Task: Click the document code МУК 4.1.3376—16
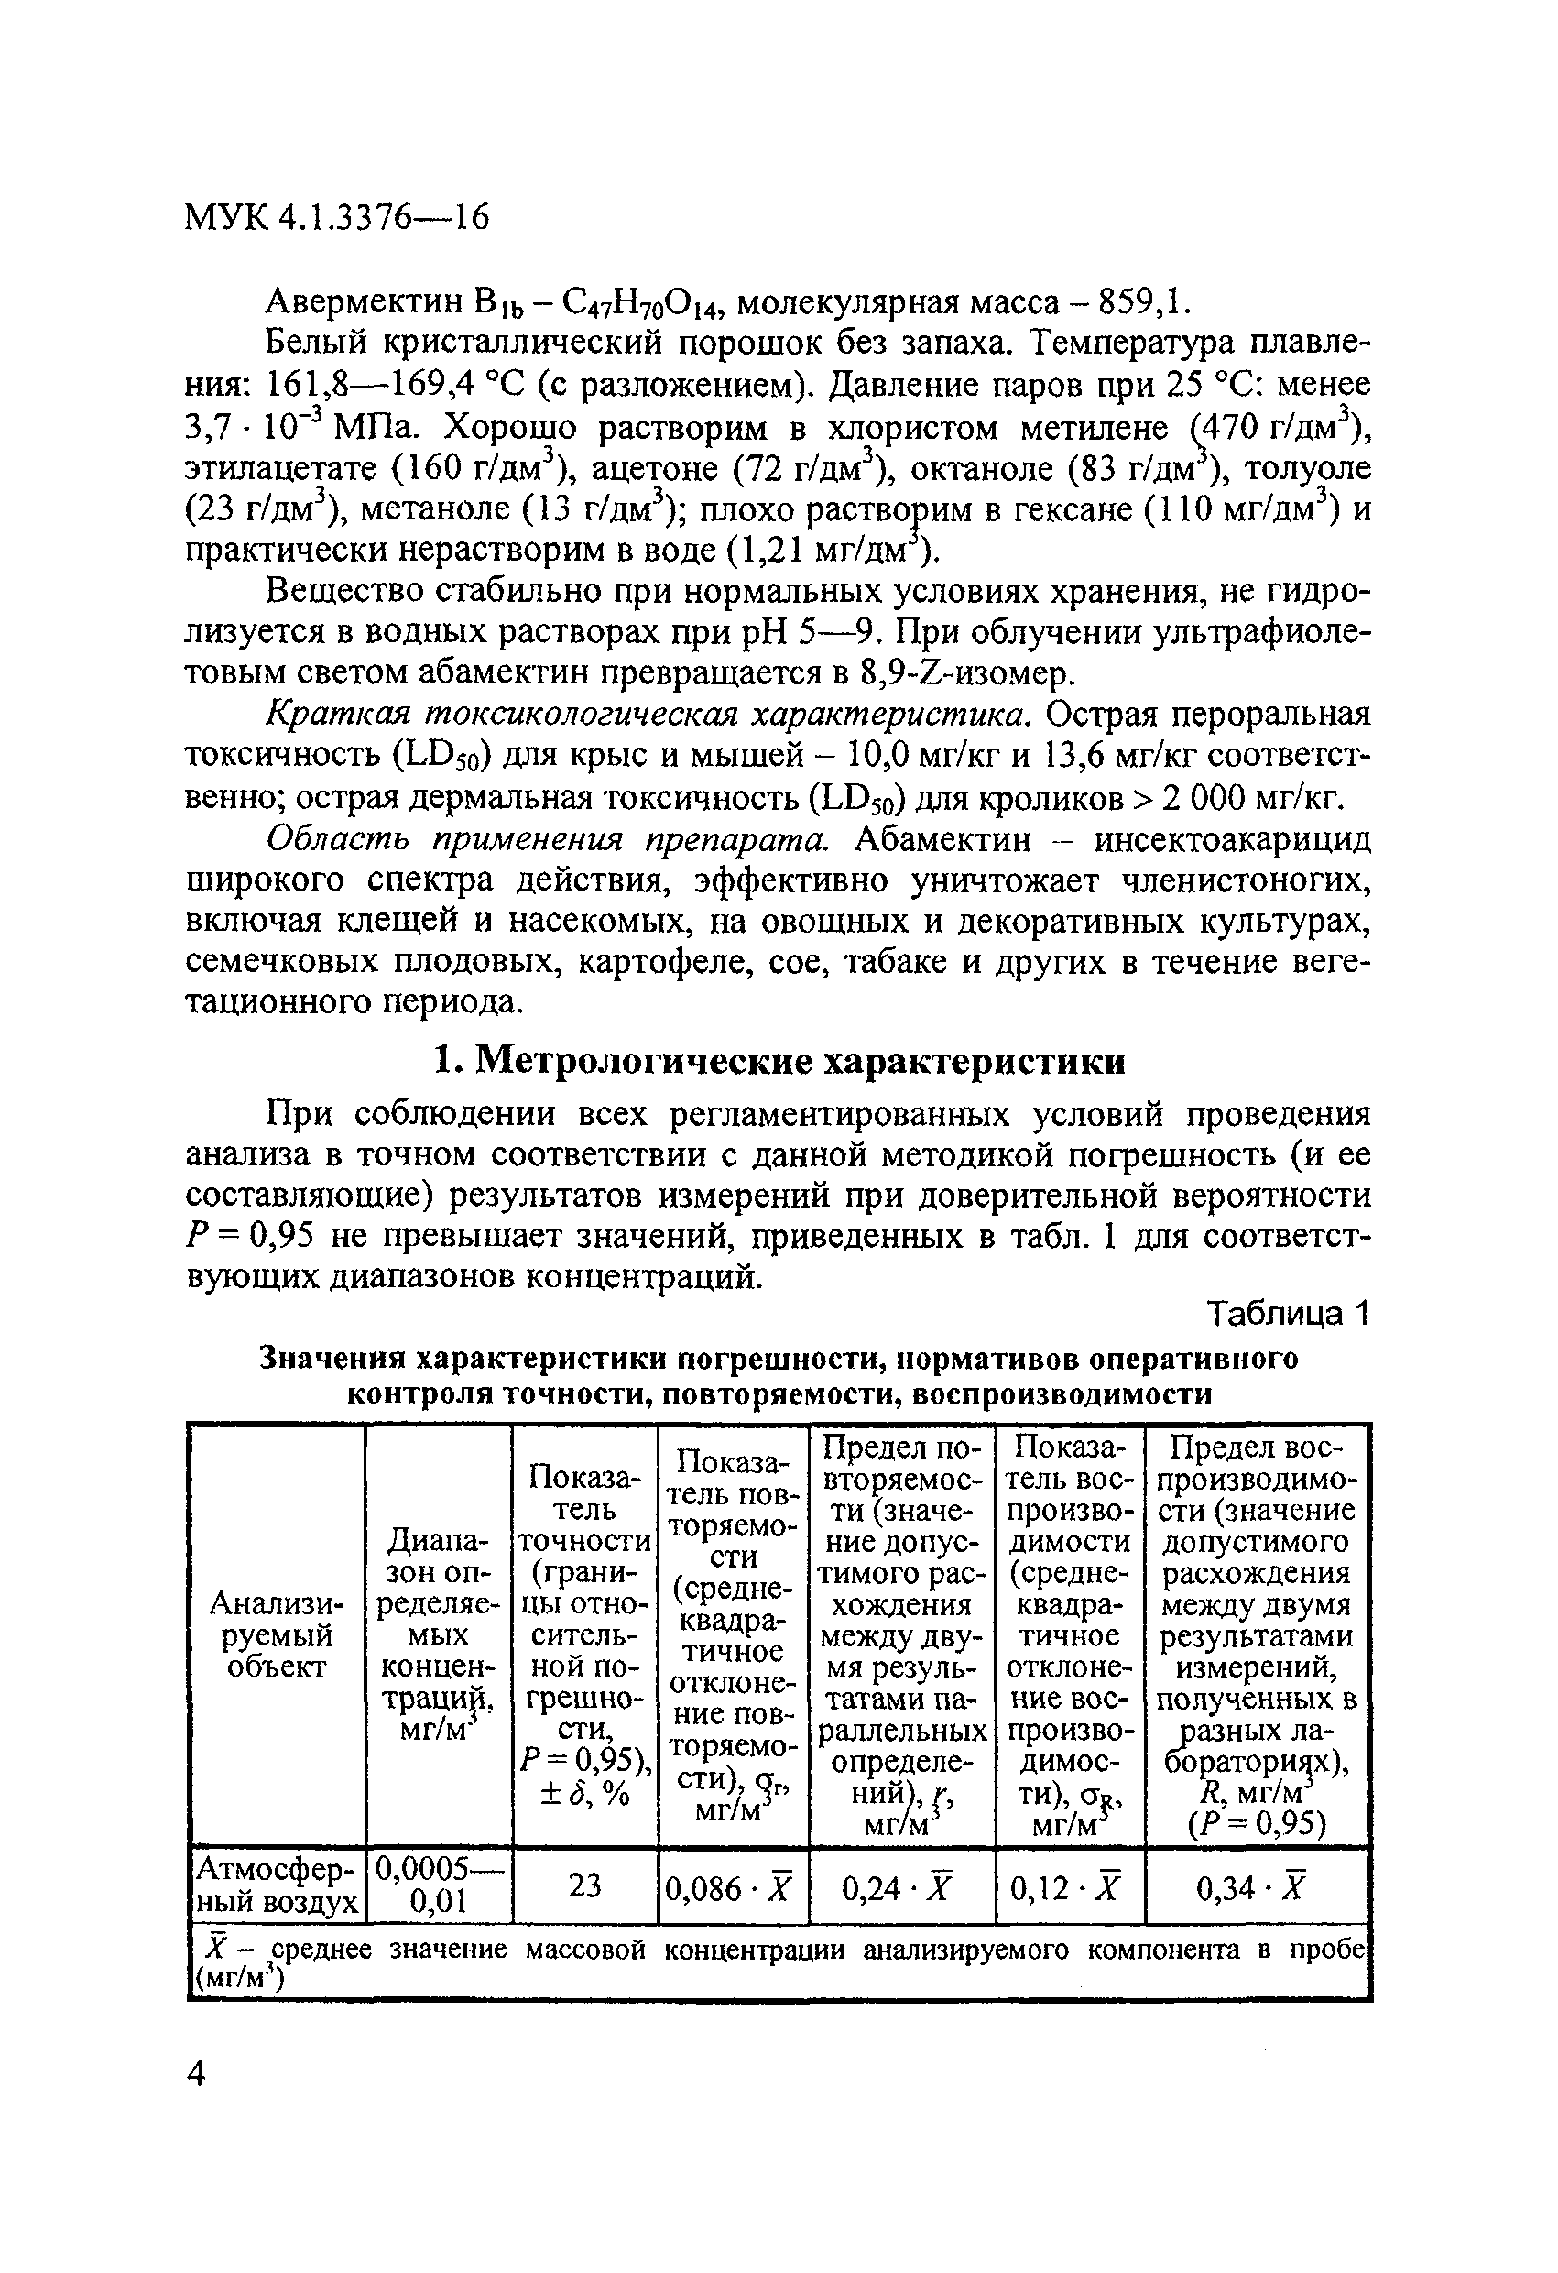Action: click(x=336, y=217)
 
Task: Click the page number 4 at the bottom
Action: click(x=198, y=2071)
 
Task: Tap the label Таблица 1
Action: click(x=1288, y=1314)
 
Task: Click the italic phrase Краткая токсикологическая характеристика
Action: click(x=648, y=715)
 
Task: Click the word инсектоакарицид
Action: click(x=1231, y=839)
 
